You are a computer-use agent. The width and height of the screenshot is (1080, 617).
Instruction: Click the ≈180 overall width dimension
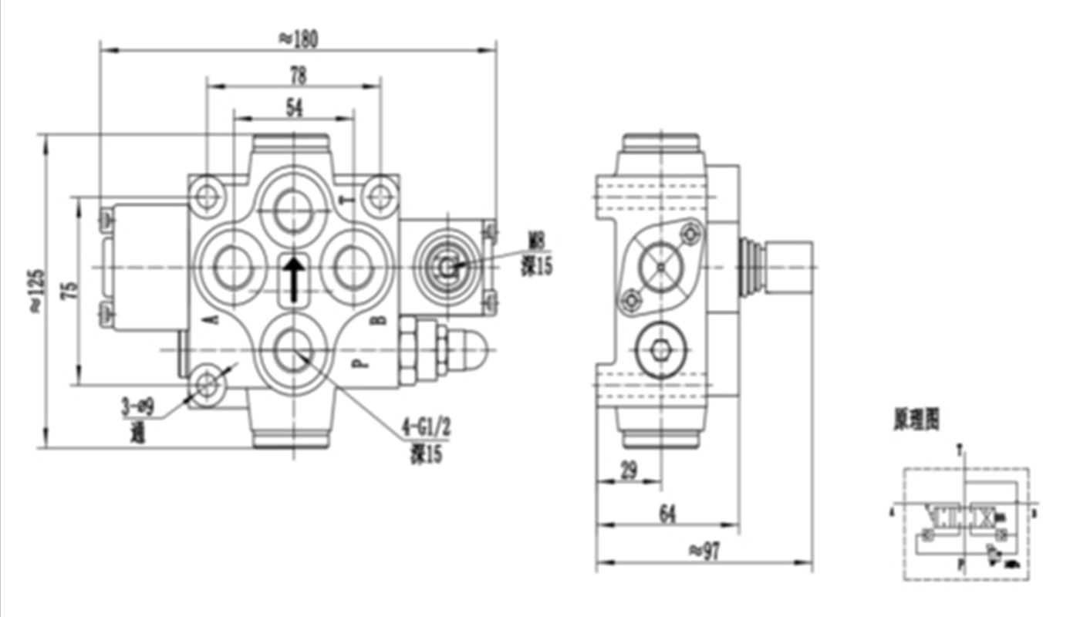click(x=297, y=39)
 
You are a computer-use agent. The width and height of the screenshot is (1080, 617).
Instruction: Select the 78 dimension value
click(x=298, y=75)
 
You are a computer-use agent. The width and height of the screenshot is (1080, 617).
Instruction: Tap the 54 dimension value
click(x=294, y=108)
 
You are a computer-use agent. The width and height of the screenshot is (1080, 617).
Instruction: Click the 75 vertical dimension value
click(x=69, y=290)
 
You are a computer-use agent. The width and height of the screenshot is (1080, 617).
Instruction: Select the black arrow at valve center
click(x=293, y=280)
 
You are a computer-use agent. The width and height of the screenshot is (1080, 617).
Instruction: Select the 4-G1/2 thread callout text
click(x=424, y=427)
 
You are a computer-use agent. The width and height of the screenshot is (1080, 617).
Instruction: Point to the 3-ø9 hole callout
click(x=143, y=406)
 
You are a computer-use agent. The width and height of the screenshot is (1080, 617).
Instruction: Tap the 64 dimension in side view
click(x=668, y=514)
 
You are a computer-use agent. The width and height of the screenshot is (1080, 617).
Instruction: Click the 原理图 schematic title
click(x=916, y=419)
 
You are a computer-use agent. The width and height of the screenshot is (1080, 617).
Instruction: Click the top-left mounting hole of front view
click(x=206, y=197)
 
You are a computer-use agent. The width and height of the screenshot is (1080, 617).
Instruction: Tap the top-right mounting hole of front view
click(x=379, y=196)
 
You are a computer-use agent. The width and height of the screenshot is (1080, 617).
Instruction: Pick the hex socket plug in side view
click(x=661, y=350)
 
